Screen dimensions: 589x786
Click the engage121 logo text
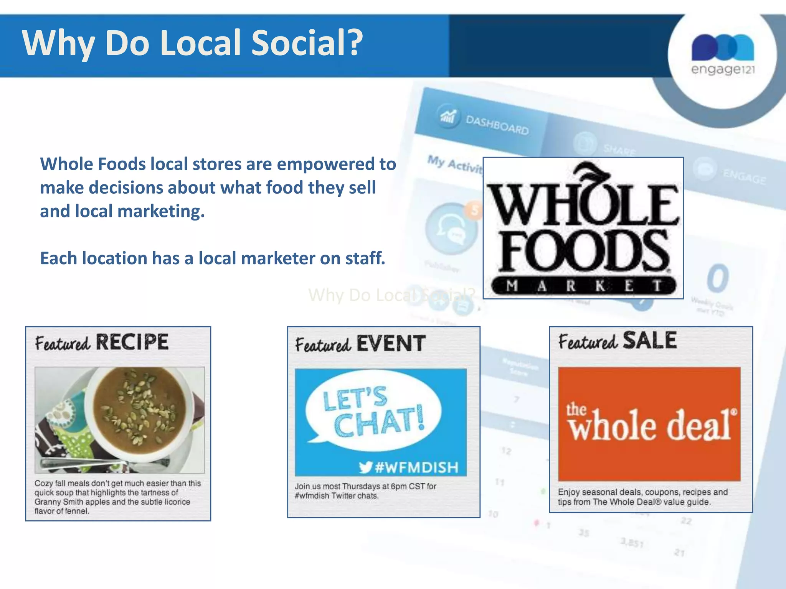pos(723,69)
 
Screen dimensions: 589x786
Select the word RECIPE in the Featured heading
pos(132,342)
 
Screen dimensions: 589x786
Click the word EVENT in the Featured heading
pos(391,343)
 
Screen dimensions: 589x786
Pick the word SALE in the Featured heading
pos(649,340)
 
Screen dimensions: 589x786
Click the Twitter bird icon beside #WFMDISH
pos(366,467)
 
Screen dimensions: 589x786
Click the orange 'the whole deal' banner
pos(649,424)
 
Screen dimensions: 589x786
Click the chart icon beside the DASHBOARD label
pos(448,116)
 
